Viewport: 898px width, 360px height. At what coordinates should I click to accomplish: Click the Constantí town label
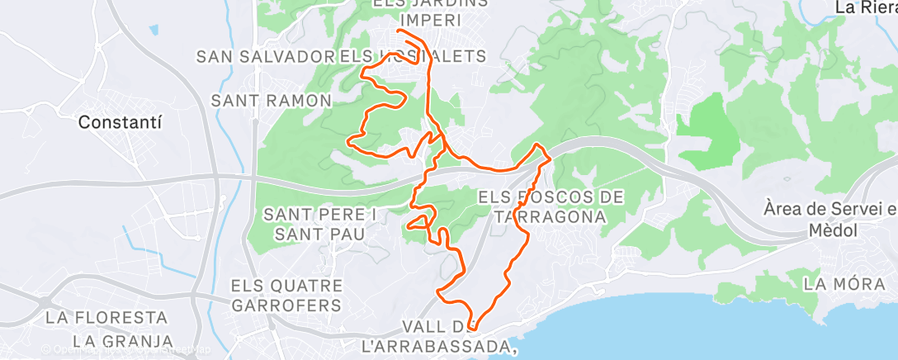(x=120, y=121)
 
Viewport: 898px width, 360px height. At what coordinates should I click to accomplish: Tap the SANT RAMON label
(x=272, y=100)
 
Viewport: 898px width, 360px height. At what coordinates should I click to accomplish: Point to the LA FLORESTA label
(x=106, y=317)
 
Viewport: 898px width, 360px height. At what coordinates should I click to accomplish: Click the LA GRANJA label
(x=122, y=340)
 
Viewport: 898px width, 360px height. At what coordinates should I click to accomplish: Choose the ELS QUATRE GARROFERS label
(x=286, y=295)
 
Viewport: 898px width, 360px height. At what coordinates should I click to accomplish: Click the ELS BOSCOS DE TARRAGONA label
(x=551, y=206)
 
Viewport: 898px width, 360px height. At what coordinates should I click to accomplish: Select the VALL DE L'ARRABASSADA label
(x=441, y=335)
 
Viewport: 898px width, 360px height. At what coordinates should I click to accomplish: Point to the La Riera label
(x=865, y=7)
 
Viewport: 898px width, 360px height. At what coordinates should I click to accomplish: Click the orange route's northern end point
(x=399, y=31)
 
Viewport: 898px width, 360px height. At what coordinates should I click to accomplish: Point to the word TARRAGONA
(x=551, y=216)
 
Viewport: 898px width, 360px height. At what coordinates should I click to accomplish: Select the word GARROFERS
(x=286, y=305)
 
